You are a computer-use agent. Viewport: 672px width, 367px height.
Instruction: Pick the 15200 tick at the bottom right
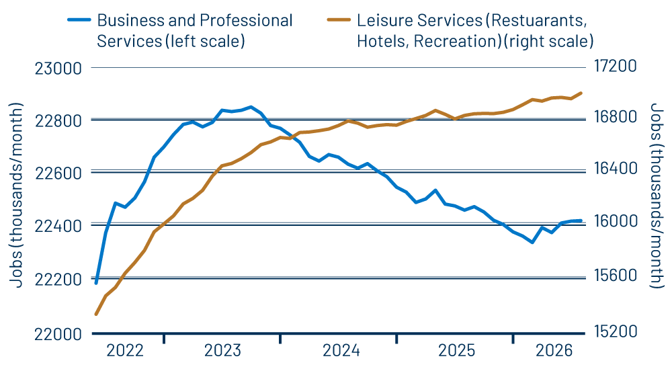[x=615, y=333]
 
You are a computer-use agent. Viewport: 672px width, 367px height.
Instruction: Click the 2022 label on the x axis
[x=125, y=350]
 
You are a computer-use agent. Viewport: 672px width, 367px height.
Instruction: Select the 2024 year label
[x=341, y=350]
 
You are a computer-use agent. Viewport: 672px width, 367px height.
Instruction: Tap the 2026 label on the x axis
[x=554, y=350]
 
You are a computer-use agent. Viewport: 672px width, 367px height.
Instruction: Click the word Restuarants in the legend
[x=544, y=20]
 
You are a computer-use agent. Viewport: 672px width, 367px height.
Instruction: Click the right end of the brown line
[x=581, y=93]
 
